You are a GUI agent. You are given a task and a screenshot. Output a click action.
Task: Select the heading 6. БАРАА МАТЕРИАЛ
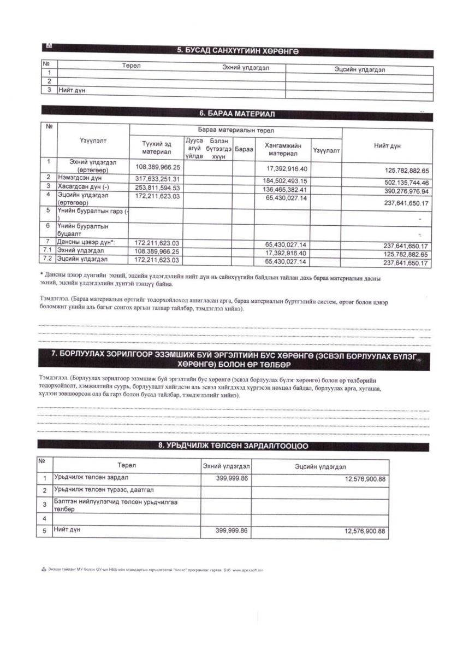click(237, 114)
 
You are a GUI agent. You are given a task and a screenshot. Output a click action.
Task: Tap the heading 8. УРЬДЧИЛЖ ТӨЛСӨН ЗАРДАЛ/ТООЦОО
click(233, 446)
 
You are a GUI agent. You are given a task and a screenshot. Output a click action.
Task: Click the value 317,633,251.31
click(157, 179)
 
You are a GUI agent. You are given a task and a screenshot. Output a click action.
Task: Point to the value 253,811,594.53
click(157, 188)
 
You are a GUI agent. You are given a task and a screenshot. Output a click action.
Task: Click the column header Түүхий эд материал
click(157, 148)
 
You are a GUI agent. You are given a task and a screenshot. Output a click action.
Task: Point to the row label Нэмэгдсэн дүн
click(81, 178)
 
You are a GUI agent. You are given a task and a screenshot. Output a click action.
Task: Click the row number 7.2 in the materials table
click(49, 258)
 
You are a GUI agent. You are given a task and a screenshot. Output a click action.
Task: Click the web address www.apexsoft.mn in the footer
click(248, 570)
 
